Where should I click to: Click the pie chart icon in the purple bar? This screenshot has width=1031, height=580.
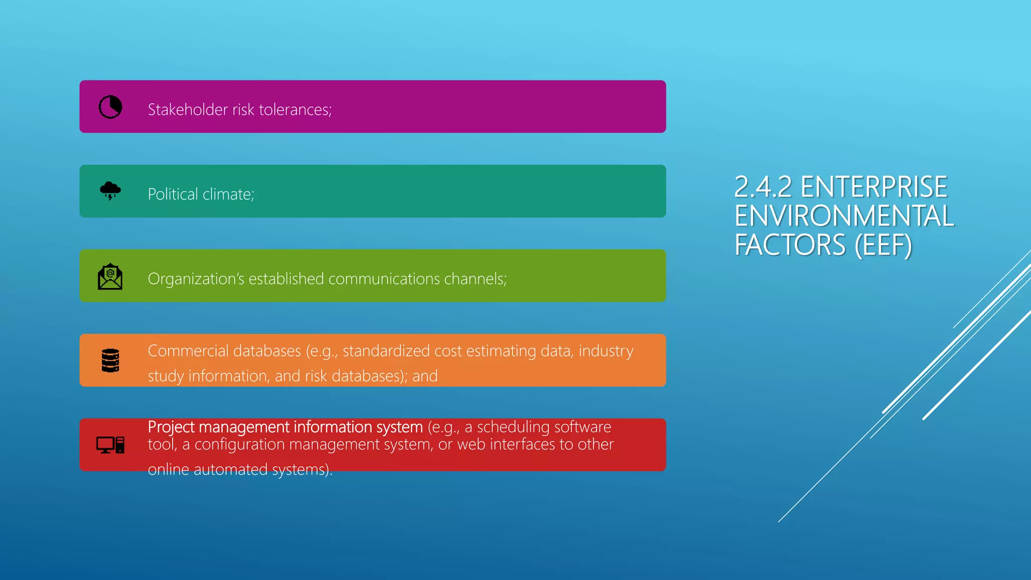pos(110,107)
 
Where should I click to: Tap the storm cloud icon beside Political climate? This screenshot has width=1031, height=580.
pos(110,191)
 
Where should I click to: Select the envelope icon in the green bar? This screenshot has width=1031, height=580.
pos(110,276)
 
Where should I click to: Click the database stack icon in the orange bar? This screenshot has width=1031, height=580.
pos(110,360)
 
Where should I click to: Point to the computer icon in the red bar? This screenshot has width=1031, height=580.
pos(110,445)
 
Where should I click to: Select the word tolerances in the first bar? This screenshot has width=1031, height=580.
pos(295,110)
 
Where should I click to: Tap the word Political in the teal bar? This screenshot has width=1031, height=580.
pos(173,194)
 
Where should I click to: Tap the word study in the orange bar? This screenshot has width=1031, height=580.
pos(166,376)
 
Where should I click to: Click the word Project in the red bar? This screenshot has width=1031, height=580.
pos(171,427)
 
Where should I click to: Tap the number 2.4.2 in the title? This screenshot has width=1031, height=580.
pos(763,187)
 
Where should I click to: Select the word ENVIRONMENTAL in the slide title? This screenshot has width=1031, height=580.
pos(844,216)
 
